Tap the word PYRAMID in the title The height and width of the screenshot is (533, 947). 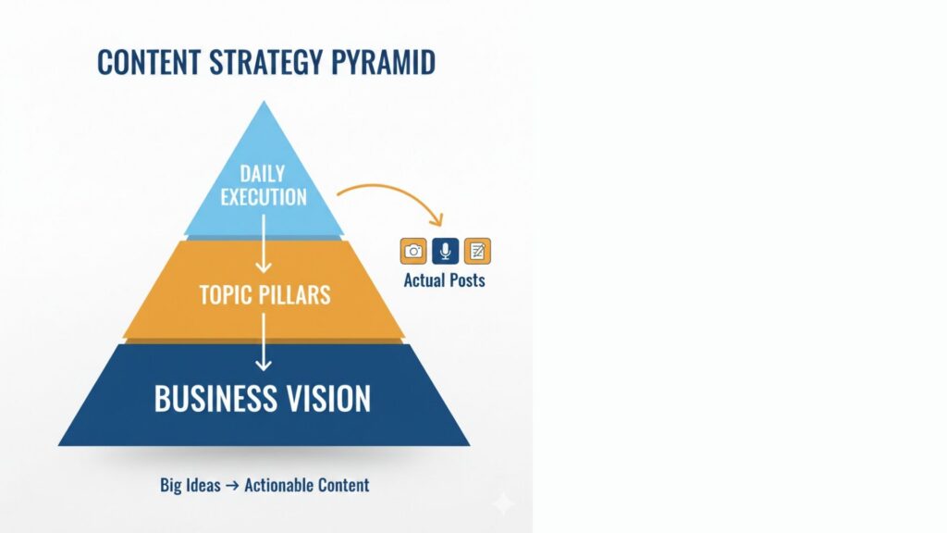coord(386,62)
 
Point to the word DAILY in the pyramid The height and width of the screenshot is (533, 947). coord(264,174)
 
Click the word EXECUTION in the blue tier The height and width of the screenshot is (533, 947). coord(264,196)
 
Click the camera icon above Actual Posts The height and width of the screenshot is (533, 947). coord(413,251)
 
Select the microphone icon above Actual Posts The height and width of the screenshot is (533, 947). coord(445,251)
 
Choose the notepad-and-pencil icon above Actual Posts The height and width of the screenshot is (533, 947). coord(477,251)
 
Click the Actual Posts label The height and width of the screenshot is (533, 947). coord(444,279)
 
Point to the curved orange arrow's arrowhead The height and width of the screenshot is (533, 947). coord(437,220)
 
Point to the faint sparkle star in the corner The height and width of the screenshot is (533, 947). coord(504,503)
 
